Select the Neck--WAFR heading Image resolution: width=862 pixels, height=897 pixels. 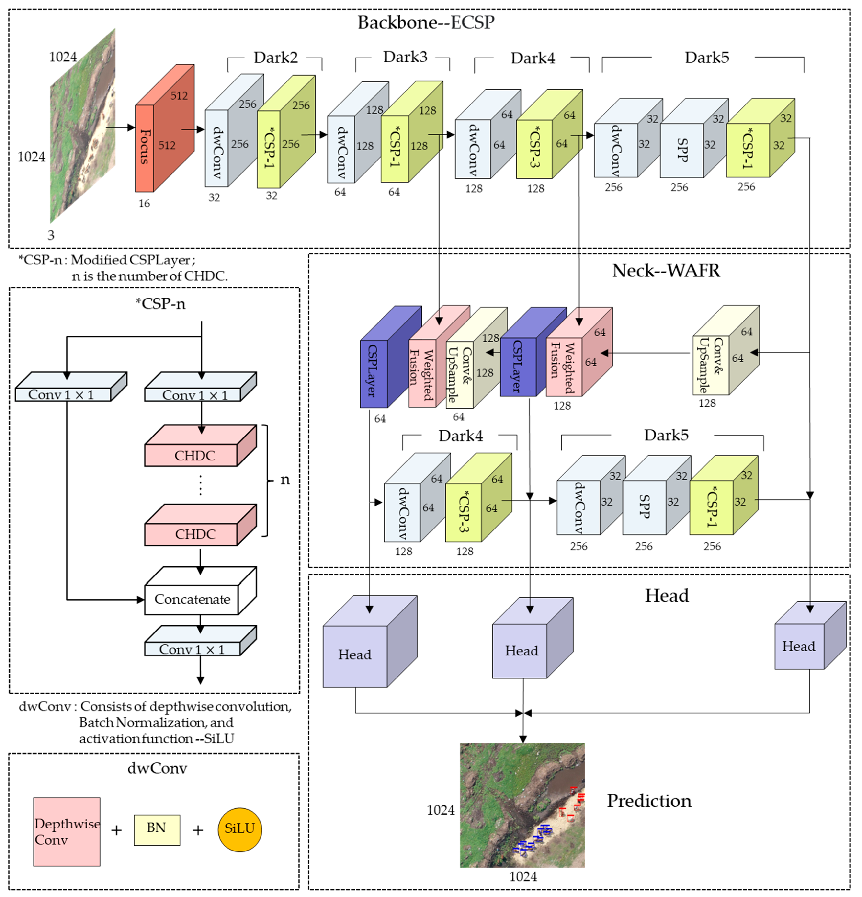click(x=666, y=270)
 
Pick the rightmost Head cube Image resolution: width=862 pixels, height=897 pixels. click(x=799, y=646)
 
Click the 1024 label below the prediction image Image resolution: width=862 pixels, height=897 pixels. click(x=523, y=876)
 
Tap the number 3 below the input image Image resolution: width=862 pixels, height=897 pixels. click(x=51, y=235)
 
